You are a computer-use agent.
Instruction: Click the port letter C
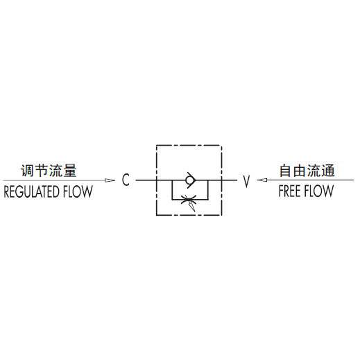point(126,180)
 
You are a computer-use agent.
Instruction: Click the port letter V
point(246,181)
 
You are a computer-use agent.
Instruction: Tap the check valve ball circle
point(190,180)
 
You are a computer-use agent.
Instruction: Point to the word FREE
point(289,191)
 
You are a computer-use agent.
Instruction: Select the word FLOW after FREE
point(318,191)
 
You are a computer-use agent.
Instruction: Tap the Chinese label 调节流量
point(49,171)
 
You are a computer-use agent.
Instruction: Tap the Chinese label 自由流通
point(307,171)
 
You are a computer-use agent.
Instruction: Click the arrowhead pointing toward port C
point(110,180)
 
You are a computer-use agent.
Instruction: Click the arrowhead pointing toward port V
point(262,180)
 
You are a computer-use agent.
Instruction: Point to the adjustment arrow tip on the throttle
point(194,210)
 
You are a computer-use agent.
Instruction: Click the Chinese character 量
point(70,171)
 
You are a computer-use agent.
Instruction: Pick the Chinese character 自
point(286,171)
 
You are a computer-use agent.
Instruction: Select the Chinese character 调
point(28,171)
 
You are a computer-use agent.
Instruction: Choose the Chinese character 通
point(328,171)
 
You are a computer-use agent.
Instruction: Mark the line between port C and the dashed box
point(146,180)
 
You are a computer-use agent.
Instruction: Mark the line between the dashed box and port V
point(230,180)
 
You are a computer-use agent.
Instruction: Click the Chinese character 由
point(300,171)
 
